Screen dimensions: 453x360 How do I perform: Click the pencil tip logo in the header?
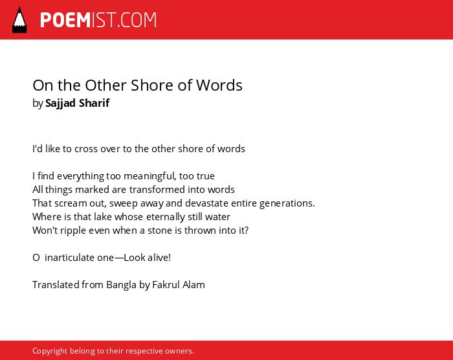pyautogui.click(x=19, y=20)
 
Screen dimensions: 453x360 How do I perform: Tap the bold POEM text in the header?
pyautogui.click(x=65, y=20)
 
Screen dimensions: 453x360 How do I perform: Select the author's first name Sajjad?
pyautogui.click(x=60, y=103)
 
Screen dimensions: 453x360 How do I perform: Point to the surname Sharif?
pyautogui.click(x=94, y=103)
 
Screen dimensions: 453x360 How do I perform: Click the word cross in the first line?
pyautogui.click(x=86, y=149)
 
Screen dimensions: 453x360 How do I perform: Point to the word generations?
pyautogui.click(x=287, y=203)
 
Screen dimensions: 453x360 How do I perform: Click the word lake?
pyautogui.click(x=103, y=217)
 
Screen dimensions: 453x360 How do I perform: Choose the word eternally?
pyautogui.click(x=166, y=217)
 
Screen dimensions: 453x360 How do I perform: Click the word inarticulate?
pyautogui.click(x=80, y=258)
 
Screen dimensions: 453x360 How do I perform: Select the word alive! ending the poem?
pyautogui.click(x=159, y=258)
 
